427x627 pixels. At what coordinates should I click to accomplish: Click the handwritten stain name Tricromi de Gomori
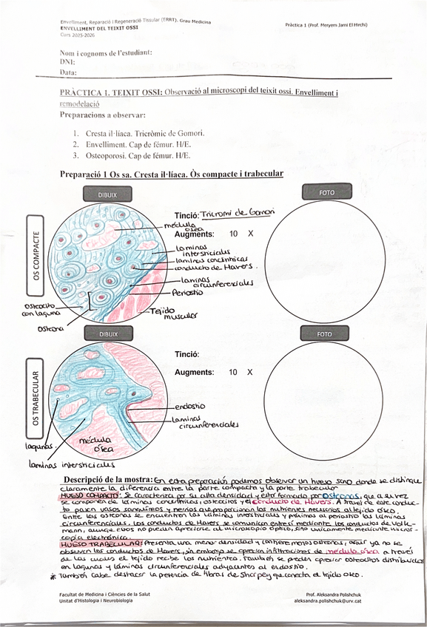pos(238,212)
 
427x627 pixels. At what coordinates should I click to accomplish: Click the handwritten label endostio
pos(191,406)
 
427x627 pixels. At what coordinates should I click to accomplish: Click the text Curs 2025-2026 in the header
pos(77,35)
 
